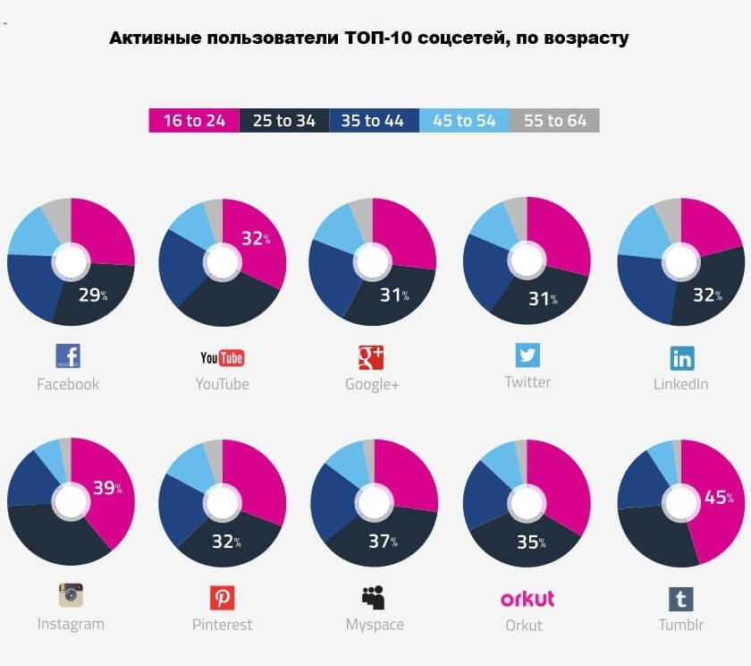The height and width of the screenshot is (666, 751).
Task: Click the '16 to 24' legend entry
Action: [194, 120]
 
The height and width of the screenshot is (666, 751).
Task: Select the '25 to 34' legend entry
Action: [284, 120]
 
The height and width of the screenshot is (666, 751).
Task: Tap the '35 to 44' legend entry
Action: [374, 120]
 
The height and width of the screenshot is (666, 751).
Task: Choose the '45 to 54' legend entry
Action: [464, 120]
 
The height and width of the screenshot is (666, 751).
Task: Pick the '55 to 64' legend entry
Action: [554, 120]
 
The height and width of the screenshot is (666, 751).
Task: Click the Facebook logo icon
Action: [68, 356]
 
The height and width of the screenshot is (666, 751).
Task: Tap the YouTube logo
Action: [222, 358]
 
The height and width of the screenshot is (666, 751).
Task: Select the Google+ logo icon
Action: [371, 357]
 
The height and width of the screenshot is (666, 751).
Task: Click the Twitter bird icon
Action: [527, 354]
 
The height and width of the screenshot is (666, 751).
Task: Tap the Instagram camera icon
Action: [71, 595]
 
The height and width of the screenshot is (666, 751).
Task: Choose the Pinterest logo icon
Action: [222, 597]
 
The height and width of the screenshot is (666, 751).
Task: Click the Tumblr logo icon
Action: [681, 598]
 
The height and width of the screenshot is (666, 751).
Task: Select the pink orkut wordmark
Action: [527, 598]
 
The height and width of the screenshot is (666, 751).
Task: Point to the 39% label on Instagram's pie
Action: [106, 489]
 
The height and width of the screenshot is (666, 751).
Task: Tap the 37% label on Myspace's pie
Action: [382, 540]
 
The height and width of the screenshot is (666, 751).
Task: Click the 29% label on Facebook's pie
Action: [90, 295]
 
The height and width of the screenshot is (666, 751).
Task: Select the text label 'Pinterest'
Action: [222, 625]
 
